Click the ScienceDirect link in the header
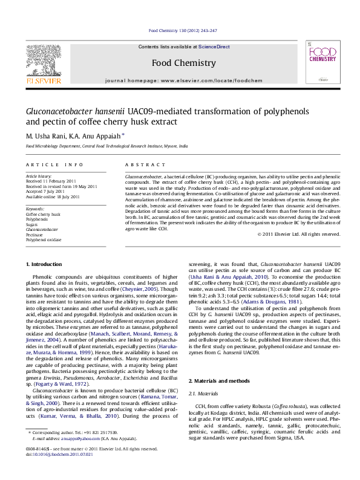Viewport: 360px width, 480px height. pyautogui.click(x=214, y=47)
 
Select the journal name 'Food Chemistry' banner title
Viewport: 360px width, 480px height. pyautogui.click(x=183, y=63)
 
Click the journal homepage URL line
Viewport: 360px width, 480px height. pyautogui.click(x=184, y=80)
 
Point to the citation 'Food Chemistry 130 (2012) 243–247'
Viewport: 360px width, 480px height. pyautogui.click(x=183, y=30)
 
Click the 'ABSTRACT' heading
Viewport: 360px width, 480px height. pyautogui.click(x=140, y=164)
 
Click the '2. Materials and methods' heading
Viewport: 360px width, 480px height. pyautogui.click(x=219, y=381)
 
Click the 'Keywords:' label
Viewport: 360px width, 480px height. pyautogui.click(x=35, y=209)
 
